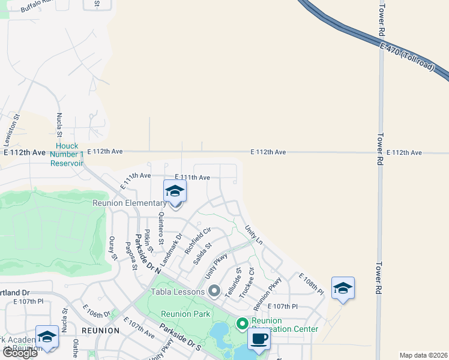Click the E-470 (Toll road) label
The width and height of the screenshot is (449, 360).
click(x=407, y=56)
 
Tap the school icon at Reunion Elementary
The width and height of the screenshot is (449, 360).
click(x=175, y=191)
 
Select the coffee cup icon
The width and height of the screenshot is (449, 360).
click(x=259, y=338)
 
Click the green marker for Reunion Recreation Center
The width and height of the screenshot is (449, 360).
click(x=243, y=324)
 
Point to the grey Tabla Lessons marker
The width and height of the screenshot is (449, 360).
click(x=214, y=292)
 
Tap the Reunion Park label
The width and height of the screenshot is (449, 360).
click(x=185, y=314)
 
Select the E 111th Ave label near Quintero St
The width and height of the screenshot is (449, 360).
click(x=192, y=178)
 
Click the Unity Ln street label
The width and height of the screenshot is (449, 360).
click(x=254, y=234)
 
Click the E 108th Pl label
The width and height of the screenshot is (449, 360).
click(x=311, y=283)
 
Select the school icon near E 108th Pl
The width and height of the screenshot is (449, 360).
click(x=343, y=287)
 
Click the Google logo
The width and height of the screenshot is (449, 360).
click(x=20, y=353)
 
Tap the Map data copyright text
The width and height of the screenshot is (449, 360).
click(x=423, y=355)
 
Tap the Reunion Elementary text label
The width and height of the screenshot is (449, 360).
click(x=129, y=203)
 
